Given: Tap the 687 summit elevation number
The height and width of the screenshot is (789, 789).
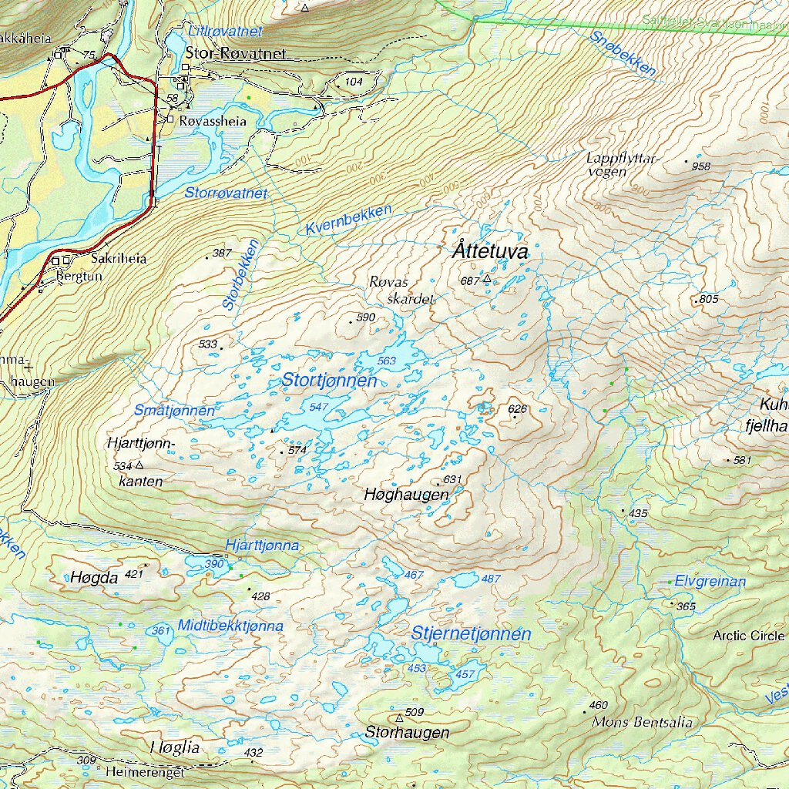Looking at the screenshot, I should (469, 280).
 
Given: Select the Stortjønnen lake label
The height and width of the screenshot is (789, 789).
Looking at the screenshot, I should (329, 381).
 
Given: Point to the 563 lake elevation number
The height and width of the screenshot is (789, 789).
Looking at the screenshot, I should (386, 361).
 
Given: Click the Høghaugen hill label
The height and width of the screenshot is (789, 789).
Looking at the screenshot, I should (406, 495).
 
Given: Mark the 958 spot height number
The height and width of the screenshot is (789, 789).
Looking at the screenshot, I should (700, 166).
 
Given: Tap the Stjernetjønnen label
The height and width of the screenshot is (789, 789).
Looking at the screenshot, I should (471, 634).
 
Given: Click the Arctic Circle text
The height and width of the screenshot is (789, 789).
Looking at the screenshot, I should (748, 636).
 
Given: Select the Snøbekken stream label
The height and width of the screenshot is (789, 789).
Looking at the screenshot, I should (623, 54).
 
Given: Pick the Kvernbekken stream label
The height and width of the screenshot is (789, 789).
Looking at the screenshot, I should (348, 220).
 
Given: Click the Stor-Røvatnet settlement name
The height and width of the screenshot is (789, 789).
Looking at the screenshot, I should (236, 54).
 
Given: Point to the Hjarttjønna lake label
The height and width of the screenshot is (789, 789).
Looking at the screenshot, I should (262, 546).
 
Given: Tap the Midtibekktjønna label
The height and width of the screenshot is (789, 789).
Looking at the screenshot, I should (230, 626).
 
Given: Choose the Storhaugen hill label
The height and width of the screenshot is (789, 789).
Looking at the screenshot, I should (407, 732).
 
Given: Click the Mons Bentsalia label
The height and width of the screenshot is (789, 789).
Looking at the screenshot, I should (642, 723).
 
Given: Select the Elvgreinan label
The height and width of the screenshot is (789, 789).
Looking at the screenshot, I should (710, 582).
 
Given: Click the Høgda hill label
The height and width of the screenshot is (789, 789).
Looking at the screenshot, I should (94, 577).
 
